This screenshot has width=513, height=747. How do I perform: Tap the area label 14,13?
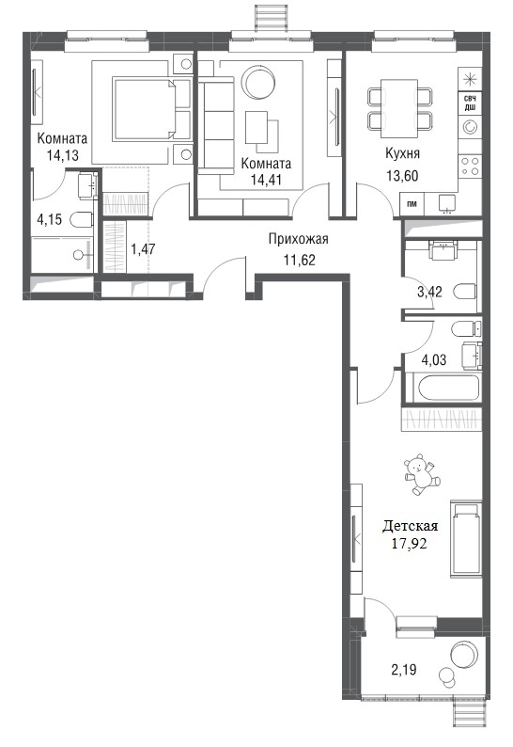62,155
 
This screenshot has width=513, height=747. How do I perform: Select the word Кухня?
402,153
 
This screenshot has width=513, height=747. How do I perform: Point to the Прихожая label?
299,239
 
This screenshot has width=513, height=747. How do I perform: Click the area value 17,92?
409,543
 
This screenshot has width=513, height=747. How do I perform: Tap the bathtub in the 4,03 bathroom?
448,389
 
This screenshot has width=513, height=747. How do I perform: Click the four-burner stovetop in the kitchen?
470,167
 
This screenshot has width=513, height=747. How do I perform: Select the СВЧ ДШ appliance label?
470,103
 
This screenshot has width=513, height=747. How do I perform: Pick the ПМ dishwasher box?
412,204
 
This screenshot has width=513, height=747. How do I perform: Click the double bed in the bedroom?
145,110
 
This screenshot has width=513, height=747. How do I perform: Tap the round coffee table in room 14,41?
259,82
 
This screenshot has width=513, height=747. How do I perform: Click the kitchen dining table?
400,110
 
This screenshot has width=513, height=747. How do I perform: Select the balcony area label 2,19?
404,670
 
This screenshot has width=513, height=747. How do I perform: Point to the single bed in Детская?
466,539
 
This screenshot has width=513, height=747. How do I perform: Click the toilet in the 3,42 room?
464,291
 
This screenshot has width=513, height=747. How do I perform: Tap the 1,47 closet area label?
143,248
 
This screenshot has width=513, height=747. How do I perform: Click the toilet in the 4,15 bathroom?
81,219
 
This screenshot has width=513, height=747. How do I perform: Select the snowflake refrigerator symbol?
470,78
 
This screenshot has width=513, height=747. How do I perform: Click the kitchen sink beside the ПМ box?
447,203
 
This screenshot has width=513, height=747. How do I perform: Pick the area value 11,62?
299,260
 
